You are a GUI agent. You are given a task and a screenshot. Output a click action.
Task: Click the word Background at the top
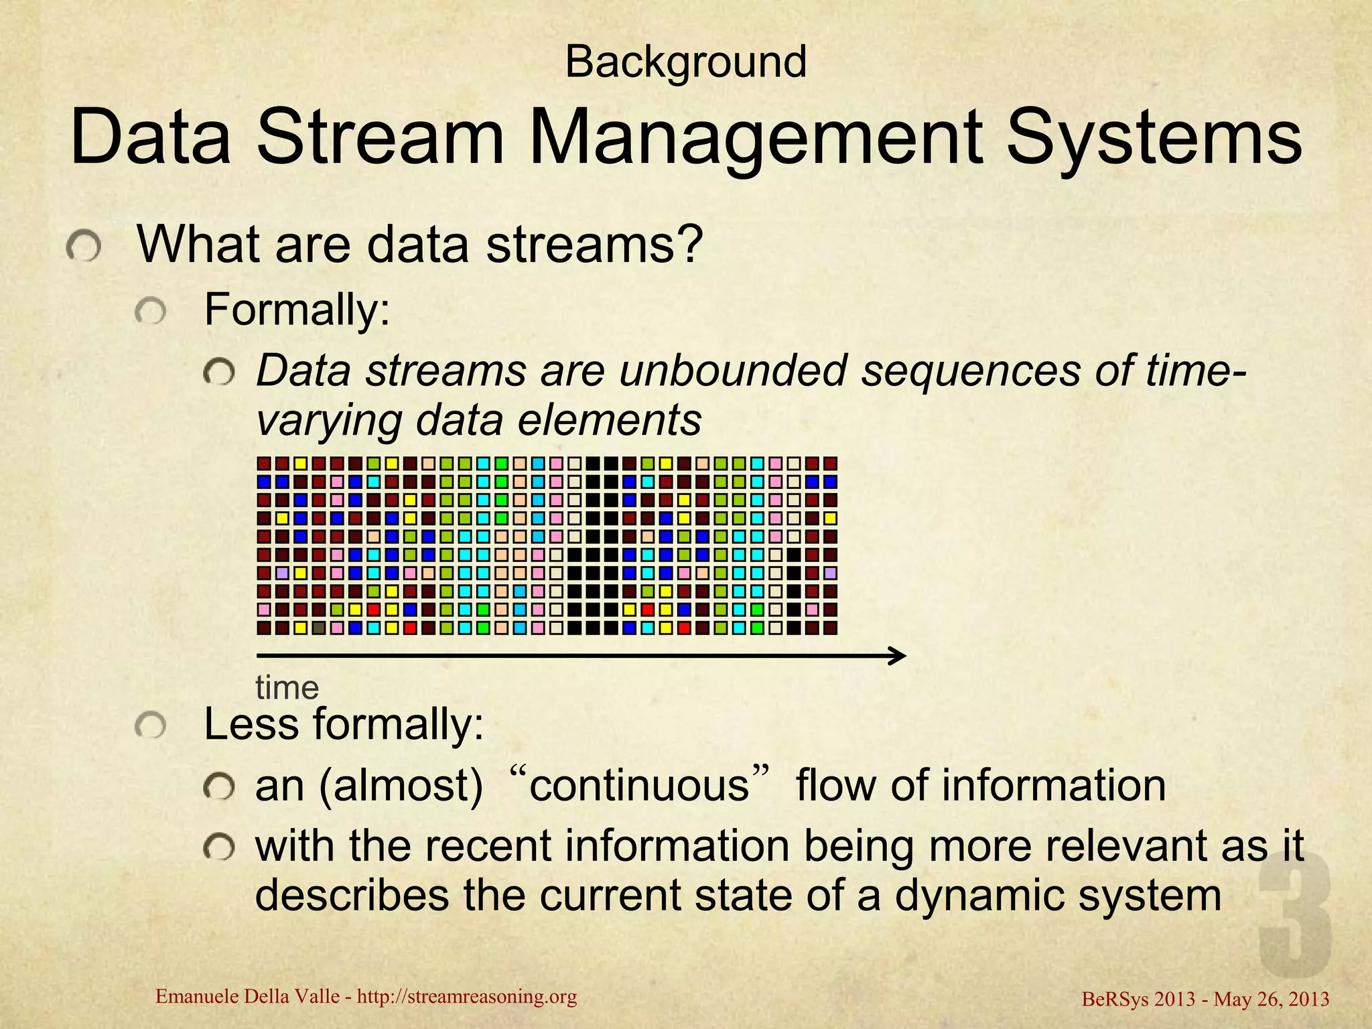click(x=685, y=63)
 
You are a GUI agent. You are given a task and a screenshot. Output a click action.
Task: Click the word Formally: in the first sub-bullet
click(x=297, y=310)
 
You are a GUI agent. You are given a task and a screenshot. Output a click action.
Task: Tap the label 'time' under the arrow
click(x=287, y=688)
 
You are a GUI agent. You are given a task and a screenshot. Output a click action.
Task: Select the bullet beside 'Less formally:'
click(x=149, y=726)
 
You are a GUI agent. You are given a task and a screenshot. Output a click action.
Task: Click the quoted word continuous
click(x=638, y=786)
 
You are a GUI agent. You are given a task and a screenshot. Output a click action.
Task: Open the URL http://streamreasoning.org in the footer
click(x=467, y=997)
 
